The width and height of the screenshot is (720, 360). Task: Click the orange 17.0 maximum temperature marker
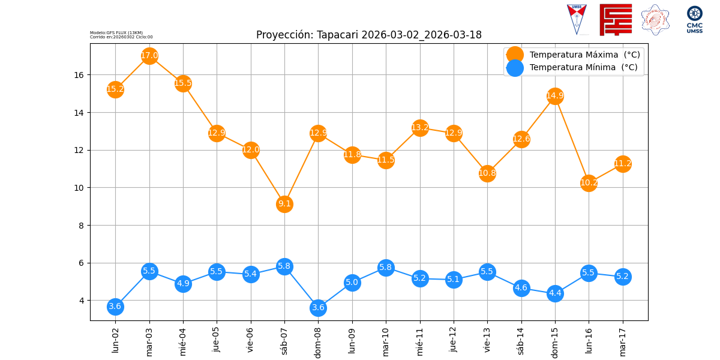[x=149, y=56]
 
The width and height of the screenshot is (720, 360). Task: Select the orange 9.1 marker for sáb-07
[x=284, y=204]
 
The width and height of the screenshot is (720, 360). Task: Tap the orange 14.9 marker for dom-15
[x=555, y=96]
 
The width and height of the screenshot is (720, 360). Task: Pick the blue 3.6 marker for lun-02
[x=115, y=307]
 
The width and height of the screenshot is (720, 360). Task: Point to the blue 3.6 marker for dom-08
[x=318, y=308]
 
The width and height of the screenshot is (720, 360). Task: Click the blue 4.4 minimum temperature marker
[x=555, y=293]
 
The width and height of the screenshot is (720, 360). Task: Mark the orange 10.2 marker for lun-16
[x=589, y=183]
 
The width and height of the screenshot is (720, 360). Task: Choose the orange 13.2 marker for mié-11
[x=420, y=127]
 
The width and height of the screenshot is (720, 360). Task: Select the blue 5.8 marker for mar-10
[x=386, y=268]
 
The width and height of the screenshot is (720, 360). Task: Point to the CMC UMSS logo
[x=694, y=20]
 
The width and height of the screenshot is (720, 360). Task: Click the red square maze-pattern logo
[x=616, y=20]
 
